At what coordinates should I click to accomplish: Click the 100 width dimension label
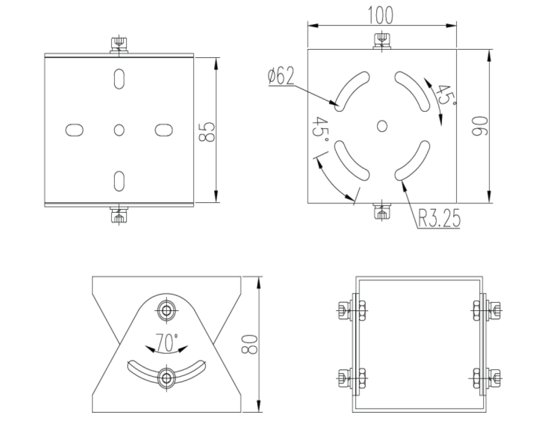coord(380,15)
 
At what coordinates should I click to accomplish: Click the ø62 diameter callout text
coord(281,77)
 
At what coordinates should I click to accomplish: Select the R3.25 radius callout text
coord(439,220)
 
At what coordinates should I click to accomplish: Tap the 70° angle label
coord(167,343)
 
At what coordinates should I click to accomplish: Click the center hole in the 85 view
coord(119,129)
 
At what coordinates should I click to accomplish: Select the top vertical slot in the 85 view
coord(119,79)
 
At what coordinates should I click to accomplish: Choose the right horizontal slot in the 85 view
coord(164,129)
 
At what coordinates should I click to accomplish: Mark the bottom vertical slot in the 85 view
coord(119,180)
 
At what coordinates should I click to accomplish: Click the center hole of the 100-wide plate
coord(382,126)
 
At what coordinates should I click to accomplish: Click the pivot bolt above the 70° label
coord(167,311)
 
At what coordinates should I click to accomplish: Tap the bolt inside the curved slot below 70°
coord(167,377)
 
